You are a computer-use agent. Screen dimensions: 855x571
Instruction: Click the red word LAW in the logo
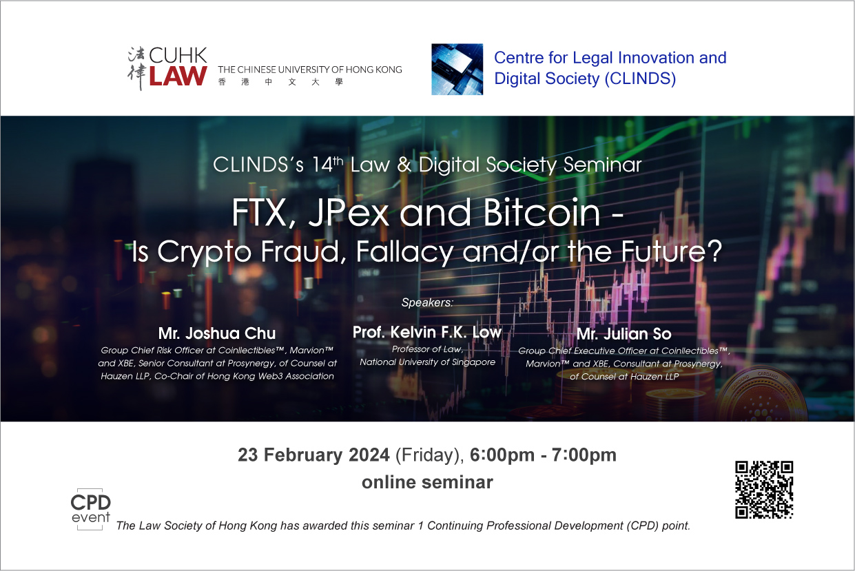click(x=178, y=76)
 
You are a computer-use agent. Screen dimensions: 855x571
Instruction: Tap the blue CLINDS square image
click(x=457, y=69)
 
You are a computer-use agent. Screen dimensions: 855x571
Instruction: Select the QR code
click(x=764, y=490)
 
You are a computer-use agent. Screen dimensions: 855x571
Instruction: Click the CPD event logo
click(x=91, y=509)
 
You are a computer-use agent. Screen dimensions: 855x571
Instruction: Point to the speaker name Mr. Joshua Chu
click(x=217, y=333)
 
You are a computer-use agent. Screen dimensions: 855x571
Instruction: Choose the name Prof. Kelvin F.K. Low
click(x=426, y=332)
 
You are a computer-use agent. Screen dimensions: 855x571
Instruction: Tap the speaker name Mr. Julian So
click(x=624, y=334)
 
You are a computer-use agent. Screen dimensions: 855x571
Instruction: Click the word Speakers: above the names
click(x=427, y=302)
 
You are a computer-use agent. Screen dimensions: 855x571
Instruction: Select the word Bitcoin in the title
click(x=542, y=212)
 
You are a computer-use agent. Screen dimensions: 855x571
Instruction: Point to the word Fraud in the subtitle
click(x=303, y=251)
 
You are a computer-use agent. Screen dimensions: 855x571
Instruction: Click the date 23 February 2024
click(x=313, y=455)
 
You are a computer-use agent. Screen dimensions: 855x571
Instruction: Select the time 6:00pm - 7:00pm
click(x=543, y=455)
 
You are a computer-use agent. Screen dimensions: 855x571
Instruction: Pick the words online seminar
click(x=427, y=482)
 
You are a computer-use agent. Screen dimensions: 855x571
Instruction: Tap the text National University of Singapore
click(x=427, y=362)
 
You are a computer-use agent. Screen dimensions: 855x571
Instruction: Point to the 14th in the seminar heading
click(x=327, y=165)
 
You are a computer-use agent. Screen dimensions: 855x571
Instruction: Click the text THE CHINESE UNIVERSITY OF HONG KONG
click(x=310, y=70)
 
